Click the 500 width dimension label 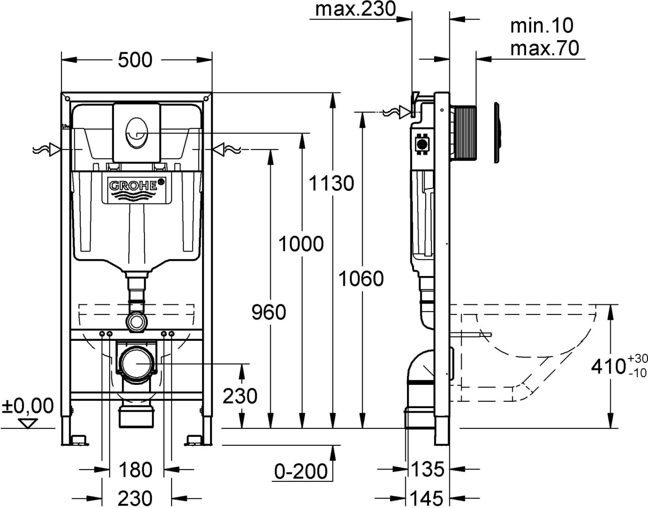pyautogui.click(x=135, y=60)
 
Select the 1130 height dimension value pyautogui.click(x=331, y=183)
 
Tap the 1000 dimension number pyautogui.click(x=301, y=244)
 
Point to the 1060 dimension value pyautogui.click(x=361, y=279)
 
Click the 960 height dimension pyautogui.click(x=269, y=312)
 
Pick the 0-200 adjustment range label pyautogui.click(x=301, y=471)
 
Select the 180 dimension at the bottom pyautogui.click(x=135, y=470)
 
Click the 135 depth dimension pyautogui.click(x=427, y=469)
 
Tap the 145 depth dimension pyautogui.click(x=427, y=498)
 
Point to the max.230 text pyautogui.click(x=355, y=9)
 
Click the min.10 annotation pyautogui.click(x=542, y=26)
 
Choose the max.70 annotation pyautogui.click(x=544, y=48)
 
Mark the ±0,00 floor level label pyautogui.click(x=28, y=406)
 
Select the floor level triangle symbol pyautogui.click(x=28, y=423)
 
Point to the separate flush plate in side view pyautogui.click(x=498, y=132)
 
